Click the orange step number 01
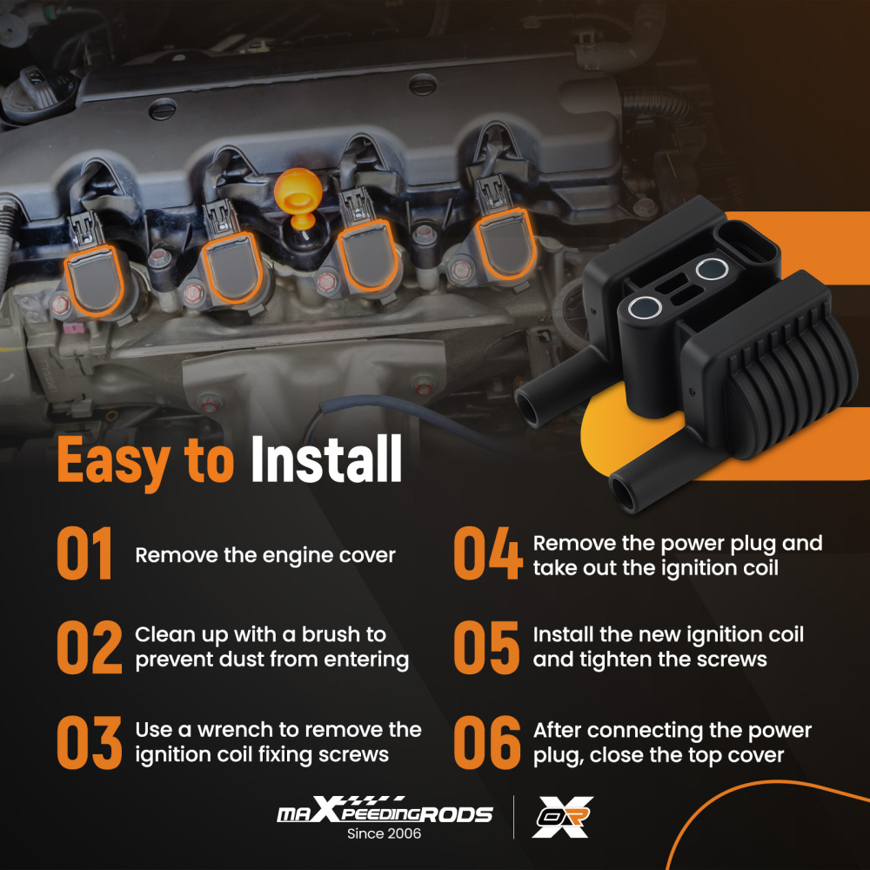[x=84, y=553]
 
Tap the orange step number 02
[x=90, y=647]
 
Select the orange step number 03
[x=90, y=742]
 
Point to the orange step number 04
[x=488, y=553]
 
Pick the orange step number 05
[x=486, y=647]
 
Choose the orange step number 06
[x=487, y=742]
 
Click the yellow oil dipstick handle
[x=298, y=197]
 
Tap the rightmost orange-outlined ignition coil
[x=505, y=243]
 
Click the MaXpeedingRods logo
[x=385, y=809]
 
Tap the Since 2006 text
[x=384, y=833]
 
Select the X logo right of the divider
[x=562, y=817]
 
